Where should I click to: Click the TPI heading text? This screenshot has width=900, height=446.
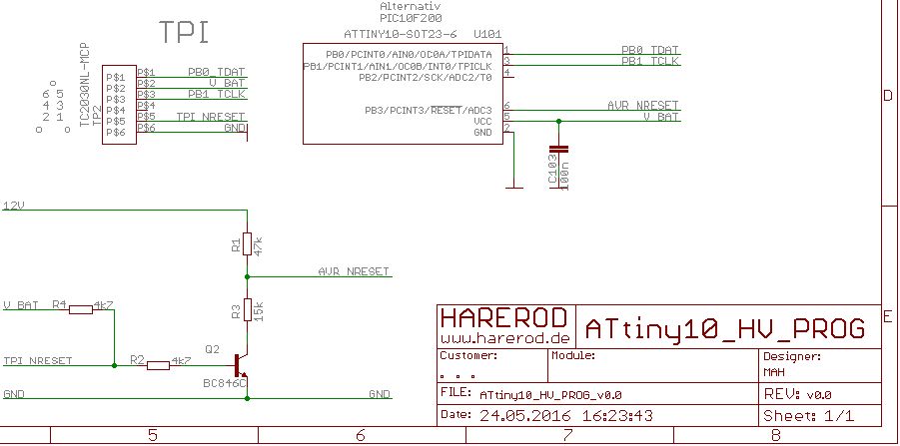[185, 33]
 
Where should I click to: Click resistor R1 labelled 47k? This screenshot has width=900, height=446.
[246, 244]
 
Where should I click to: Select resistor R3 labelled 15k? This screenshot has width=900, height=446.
[246, 310]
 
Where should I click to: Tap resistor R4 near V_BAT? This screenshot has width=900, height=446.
[81, 309]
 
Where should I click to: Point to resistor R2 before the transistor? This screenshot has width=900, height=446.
[159, 365]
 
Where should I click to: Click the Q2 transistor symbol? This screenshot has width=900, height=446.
[240, 365]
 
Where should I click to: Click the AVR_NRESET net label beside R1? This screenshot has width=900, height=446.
[355, 271]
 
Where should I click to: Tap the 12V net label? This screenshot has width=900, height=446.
[14, 205]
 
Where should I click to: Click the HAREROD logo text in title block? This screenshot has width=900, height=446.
[504, 317]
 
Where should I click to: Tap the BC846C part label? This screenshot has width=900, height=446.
[225, 383]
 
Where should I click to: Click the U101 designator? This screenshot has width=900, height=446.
[488, 33]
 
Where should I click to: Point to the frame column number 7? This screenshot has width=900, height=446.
[567, 435]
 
